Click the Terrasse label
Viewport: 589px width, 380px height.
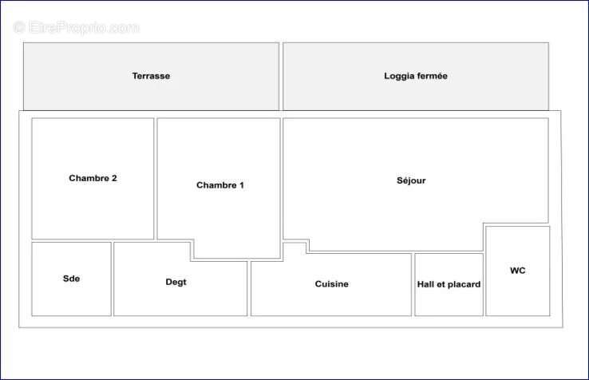coord(151,76)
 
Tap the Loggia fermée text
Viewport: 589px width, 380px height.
coord(416,76)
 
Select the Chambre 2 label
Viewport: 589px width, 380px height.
coord(93,178)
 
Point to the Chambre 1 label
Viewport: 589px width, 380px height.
coord(220,185)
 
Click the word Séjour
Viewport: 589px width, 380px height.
coord(411,180)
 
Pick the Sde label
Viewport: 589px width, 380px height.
coord(71,279)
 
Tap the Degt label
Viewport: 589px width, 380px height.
coord(176,282)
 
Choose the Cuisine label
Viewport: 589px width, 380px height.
coord(332,283)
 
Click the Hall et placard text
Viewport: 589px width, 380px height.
coord(449,284)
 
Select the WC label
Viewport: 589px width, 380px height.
coord(518,271)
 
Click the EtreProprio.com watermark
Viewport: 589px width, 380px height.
coord(77,27)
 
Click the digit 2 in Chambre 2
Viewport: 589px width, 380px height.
coord(114,178)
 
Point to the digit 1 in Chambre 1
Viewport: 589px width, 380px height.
coord(242,185)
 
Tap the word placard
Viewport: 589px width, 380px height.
coord(465,284)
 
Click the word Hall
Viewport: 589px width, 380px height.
coord(425,284)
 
